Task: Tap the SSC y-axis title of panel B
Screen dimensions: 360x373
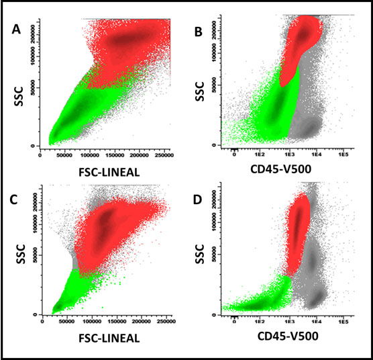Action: [198, 93]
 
